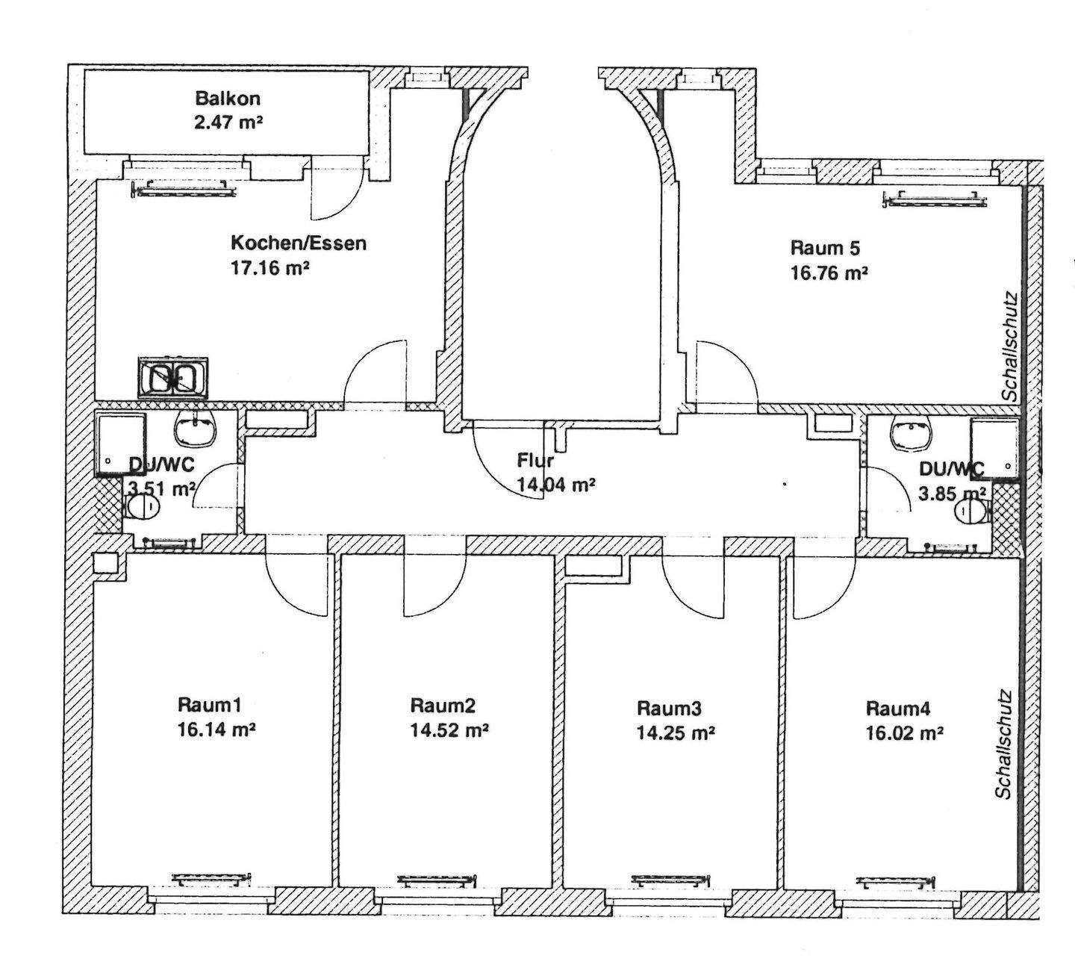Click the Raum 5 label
(x=820, y=248)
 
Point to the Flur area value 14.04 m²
(x=555, y=485)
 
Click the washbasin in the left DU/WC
(x=195, y=428)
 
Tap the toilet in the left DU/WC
(x=143, y=508)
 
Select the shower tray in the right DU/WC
(x=994, y=446)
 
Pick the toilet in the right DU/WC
(x=970, y=511)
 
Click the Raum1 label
(x=209, y=704)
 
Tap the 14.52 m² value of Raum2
(x=449, y=730)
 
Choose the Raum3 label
(x=670, y=707)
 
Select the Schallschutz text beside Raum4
(x=1005, y=744)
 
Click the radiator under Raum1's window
(x=209, y=878)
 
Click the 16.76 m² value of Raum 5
(x=829, y=273)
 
